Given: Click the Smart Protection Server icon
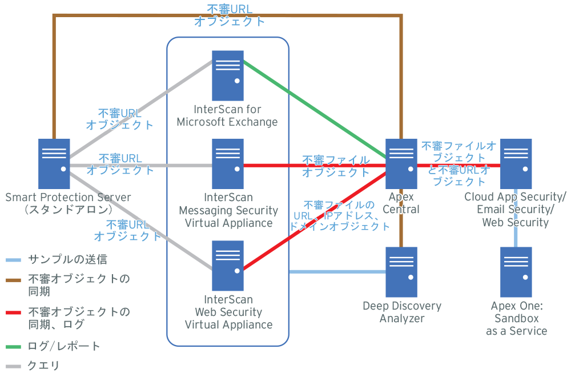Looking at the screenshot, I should (54, 163).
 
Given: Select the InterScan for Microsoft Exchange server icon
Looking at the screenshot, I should (228, 75).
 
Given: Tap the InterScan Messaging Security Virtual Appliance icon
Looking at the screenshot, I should (228, 163).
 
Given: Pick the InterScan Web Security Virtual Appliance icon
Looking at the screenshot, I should (228, 266).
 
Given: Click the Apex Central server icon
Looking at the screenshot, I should (401, 163).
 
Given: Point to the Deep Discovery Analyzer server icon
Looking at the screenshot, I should (401, 271).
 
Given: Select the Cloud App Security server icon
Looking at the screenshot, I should (516, 163).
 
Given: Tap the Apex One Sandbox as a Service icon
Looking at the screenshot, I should (516, 271).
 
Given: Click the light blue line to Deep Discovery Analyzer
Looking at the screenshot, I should (337, 272).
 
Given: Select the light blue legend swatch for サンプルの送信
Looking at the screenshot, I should (14, 260).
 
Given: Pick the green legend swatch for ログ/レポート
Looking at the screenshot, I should (14, 346).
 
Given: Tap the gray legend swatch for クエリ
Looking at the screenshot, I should (14, 366).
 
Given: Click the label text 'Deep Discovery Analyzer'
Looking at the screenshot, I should (402, 312).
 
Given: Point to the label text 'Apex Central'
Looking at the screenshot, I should (401, 203).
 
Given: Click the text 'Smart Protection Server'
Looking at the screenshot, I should (68, 198).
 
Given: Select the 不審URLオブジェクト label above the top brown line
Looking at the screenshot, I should (230, 15).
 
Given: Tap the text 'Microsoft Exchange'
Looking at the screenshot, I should (227, 122).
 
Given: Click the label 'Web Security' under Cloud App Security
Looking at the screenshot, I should (516, 222).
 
